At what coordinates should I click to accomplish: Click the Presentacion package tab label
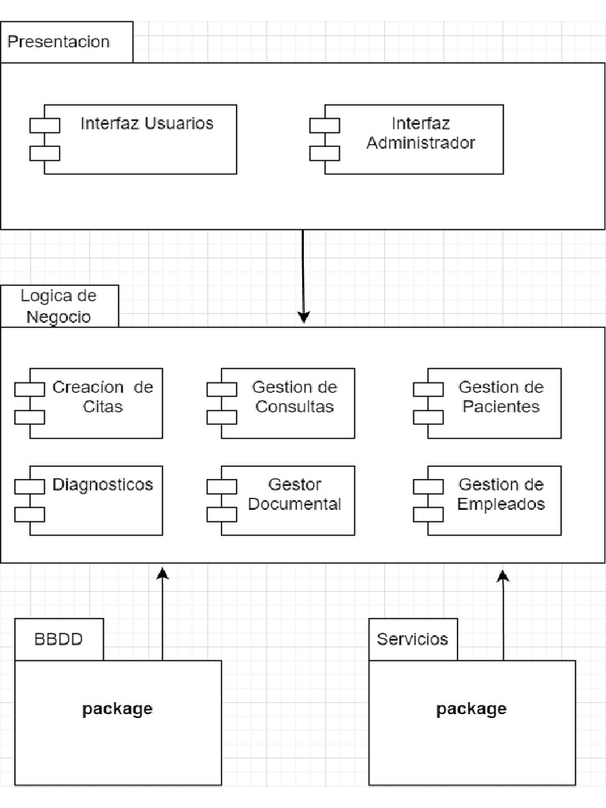click(x=58, y=42)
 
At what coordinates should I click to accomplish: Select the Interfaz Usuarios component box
click(x=140, y=139)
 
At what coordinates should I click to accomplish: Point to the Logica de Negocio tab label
click(x=58, y=306)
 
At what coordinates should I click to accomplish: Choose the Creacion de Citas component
click(x=95, y=402)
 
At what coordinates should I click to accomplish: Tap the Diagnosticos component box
click(x=95, y=500)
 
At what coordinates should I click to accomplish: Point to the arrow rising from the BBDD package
click(x=163, y=615)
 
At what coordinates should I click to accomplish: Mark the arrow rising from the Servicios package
click(x=503, y=615)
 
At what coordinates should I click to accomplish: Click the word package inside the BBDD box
click(x=117, y=709)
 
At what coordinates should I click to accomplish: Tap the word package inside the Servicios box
click(x=471, y=709)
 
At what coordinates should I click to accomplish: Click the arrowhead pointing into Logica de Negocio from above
click(x=303, y=317)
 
